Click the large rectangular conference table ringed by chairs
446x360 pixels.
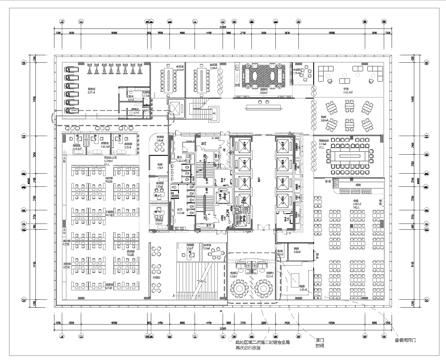[350, 157]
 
